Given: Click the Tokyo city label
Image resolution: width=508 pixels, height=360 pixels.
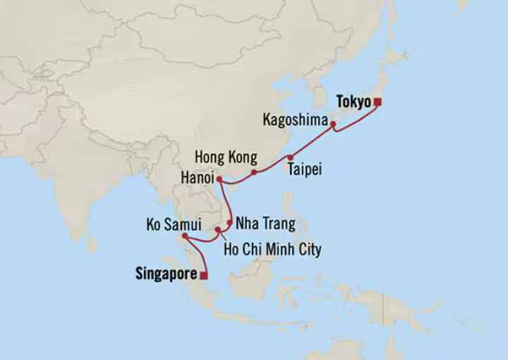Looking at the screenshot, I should coord(353,102).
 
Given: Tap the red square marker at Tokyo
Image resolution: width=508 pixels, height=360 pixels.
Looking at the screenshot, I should coord(377,102).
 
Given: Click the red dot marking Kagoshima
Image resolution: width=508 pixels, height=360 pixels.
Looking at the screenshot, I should coord(333,124).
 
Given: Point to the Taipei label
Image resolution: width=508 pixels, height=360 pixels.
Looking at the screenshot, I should coord(304,169).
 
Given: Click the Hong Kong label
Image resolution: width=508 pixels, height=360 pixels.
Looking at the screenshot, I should coord(226,157).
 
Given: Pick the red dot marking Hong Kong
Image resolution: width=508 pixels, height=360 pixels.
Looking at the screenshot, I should coord(254,172).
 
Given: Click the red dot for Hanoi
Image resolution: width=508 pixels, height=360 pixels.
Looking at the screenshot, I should coord(220,179).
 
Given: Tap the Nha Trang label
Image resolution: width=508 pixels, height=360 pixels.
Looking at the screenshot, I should coord(265,224).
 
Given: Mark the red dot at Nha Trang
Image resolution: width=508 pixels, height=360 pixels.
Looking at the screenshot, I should coord(229,222).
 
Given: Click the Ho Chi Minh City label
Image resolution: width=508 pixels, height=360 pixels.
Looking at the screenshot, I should coord(272,249).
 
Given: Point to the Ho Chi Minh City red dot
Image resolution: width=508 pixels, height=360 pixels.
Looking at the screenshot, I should coord(218,230).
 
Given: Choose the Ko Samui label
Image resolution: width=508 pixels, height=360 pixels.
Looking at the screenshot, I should coord(174,225).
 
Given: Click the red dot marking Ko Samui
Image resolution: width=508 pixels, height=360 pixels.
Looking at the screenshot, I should coord(185,236).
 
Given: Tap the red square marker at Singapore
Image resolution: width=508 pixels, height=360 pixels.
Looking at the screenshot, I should coord(204,275).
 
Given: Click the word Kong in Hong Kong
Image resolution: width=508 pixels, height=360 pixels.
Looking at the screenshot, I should coord(242,157).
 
